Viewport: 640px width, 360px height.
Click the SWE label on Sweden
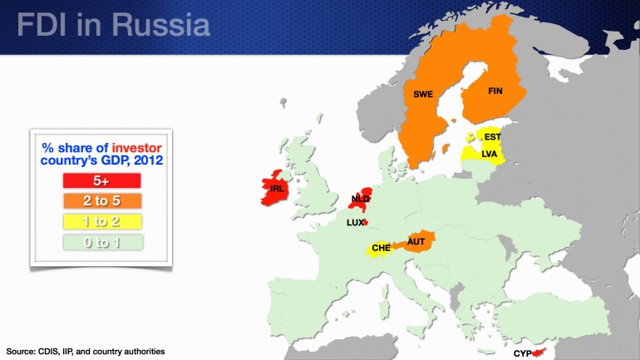click(x=423, y=94)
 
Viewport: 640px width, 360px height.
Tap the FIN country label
click(x=495, y=91)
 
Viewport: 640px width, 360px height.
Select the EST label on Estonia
click(x=493, y=137)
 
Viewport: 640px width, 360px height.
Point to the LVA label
click(x=490, y=154)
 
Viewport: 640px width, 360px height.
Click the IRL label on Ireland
click(x=278, y=189)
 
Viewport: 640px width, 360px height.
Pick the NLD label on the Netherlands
click(x=360, y=200)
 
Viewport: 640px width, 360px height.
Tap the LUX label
click(x=355, y=223)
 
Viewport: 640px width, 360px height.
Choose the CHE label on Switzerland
click(x=381, y=248)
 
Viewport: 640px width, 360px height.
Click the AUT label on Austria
click(x=416, y=242)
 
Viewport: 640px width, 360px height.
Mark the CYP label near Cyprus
click(x=522, y=353)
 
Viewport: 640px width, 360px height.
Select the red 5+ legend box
click(x=101, y=180)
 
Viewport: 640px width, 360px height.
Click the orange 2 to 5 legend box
click(x=101, y=200)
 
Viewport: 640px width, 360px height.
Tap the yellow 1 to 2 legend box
click(x=101, y=221)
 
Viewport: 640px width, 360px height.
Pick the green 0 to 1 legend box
click(x=101, y=242)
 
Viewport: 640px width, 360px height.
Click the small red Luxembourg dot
click(x=365, y=222)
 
